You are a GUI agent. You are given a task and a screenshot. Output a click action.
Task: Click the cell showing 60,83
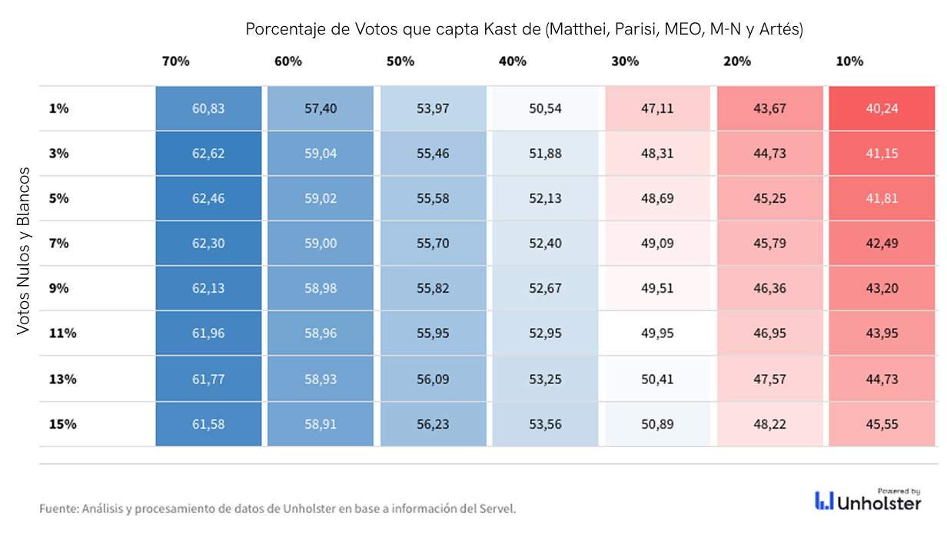[208, 108]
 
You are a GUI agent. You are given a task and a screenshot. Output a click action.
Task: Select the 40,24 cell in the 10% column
[882, 108]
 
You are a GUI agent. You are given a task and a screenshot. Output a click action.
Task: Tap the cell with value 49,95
[657, 333]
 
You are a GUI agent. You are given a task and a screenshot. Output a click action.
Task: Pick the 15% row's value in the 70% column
[208, 424]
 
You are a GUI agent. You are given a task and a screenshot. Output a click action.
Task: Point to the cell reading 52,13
[545, 198]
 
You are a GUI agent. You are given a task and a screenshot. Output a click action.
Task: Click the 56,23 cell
[433, 424]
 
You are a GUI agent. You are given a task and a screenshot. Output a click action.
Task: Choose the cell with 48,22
[769, 424]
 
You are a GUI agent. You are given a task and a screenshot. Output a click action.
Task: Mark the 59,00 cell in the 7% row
[321, 244]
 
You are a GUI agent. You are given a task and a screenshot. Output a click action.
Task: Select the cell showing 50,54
[545, 108]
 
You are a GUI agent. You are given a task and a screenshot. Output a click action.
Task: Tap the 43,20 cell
[882, 289]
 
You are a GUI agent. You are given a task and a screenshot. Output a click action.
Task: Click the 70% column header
[175, 61]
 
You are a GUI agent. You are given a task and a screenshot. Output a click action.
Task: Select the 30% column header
[625, 61]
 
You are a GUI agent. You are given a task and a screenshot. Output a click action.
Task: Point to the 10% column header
[849, 61]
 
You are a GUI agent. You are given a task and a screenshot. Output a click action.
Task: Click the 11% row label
[62, 333]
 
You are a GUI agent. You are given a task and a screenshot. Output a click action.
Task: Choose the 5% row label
[59, 198]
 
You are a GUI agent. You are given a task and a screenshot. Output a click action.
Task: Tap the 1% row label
[59, 108]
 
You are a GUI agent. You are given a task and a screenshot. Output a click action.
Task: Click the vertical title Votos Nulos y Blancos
[24, 251]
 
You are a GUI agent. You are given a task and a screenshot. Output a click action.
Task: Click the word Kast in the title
[500, 29]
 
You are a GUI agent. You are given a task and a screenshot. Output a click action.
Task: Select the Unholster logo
[868, 501]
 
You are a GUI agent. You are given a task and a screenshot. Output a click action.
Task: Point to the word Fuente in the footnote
[59, 509]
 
